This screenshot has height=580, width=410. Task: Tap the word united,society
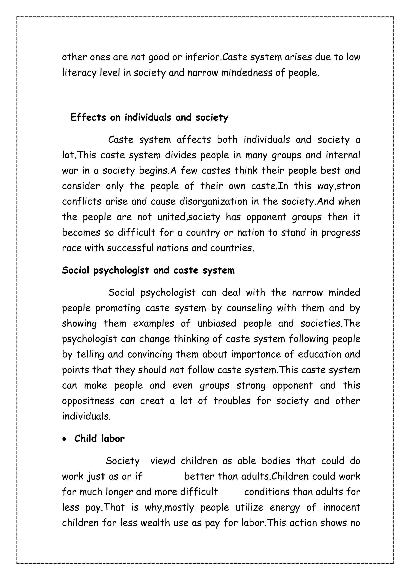[x=189, y=217]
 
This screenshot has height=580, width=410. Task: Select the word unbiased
[x=217, y=324]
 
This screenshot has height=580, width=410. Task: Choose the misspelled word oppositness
[x=88, y=401]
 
